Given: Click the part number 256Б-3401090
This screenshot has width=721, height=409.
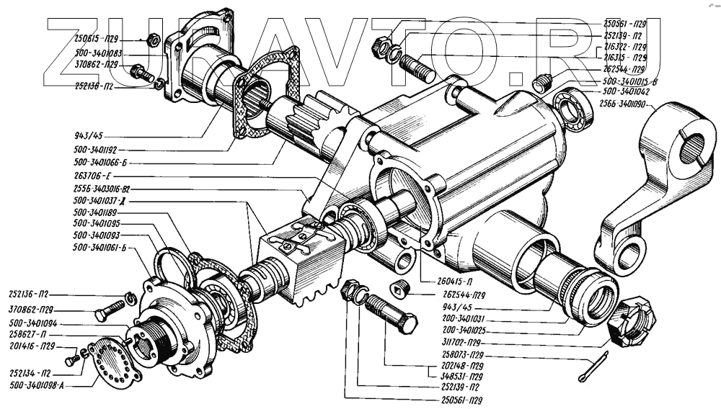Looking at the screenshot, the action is point(622,104).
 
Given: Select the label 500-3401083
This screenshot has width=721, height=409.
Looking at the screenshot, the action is point(99,53).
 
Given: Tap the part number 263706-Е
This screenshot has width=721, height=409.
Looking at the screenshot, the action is point(92,176).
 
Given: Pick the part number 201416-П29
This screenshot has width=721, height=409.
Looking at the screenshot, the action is point(31,346).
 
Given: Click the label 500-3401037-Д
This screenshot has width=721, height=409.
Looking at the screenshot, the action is point(105,200).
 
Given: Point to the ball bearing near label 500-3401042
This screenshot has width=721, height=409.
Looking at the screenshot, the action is point(575,107).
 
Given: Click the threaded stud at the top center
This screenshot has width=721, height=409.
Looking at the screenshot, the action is point(415,68).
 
